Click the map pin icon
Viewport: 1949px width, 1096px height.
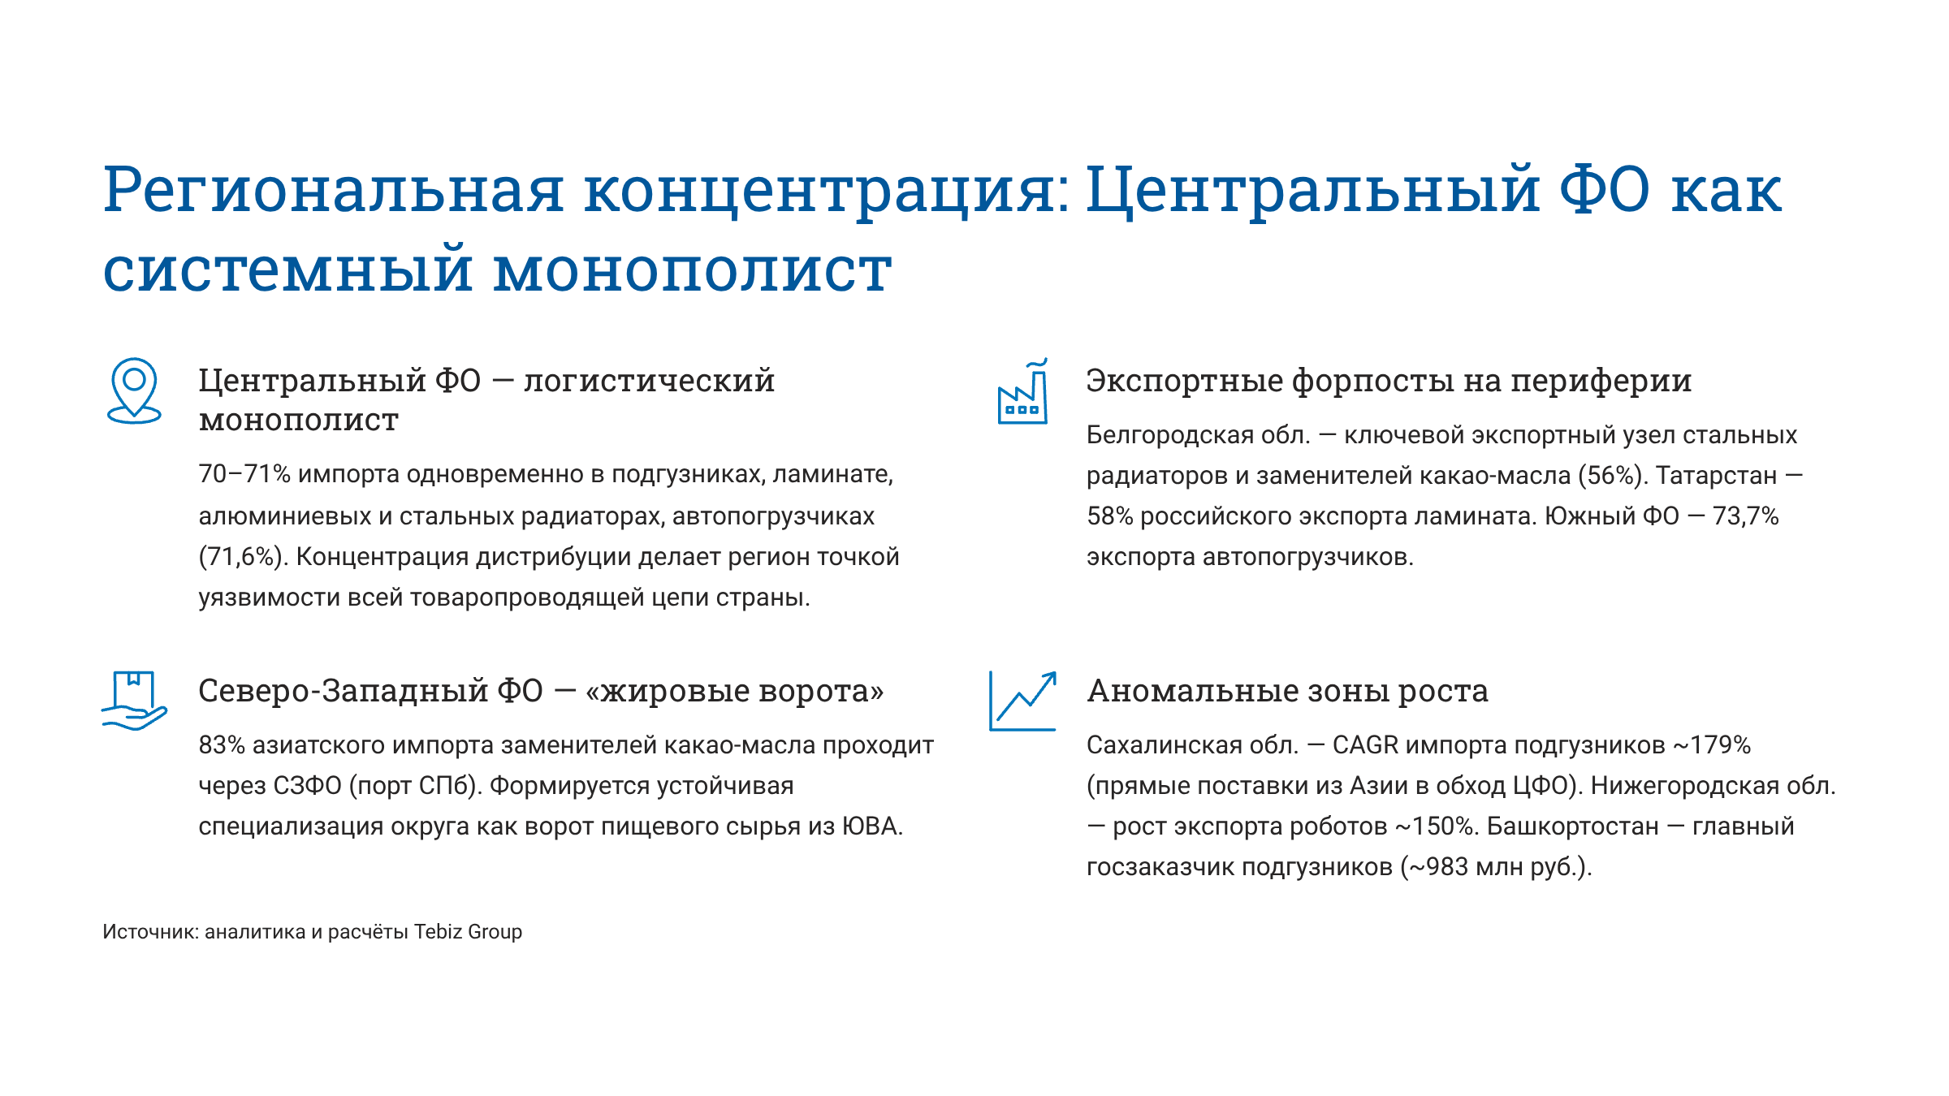point(134,391)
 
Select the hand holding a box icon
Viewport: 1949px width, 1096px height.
point(134,701)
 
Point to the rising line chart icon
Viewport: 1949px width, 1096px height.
point(1022,701)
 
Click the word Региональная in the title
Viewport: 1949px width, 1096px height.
point(333,191)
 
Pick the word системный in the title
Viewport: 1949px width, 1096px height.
point(288,270)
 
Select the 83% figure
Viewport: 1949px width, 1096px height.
point(222,745)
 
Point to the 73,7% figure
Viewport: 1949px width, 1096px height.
point(1745,516)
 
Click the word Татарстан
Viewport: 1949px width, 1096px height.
point(1716,476)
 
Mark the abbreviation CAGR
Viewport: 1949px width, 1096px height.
point(1365,745)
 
